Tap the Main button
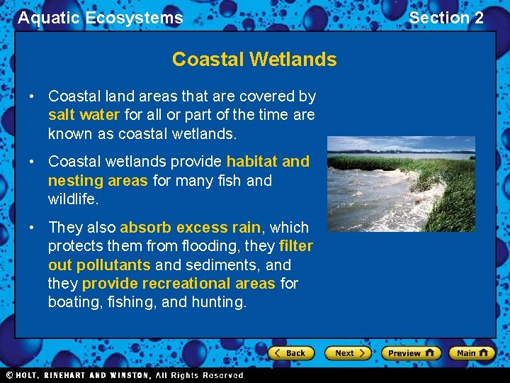[471, 353]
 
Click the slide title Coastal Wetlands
[254, 60]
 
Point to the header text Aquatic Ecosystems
[101, 18]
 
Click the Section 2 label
[446, 18]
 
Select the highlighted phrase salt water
[84, 114]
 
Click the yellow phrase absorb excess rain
[191, 228]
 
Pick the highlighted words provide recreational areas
[178, 284]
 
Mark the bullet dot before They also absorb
[32, 228]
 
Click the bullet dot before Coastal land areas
[32, 96]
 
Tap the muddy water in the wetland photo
[368, 199]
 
